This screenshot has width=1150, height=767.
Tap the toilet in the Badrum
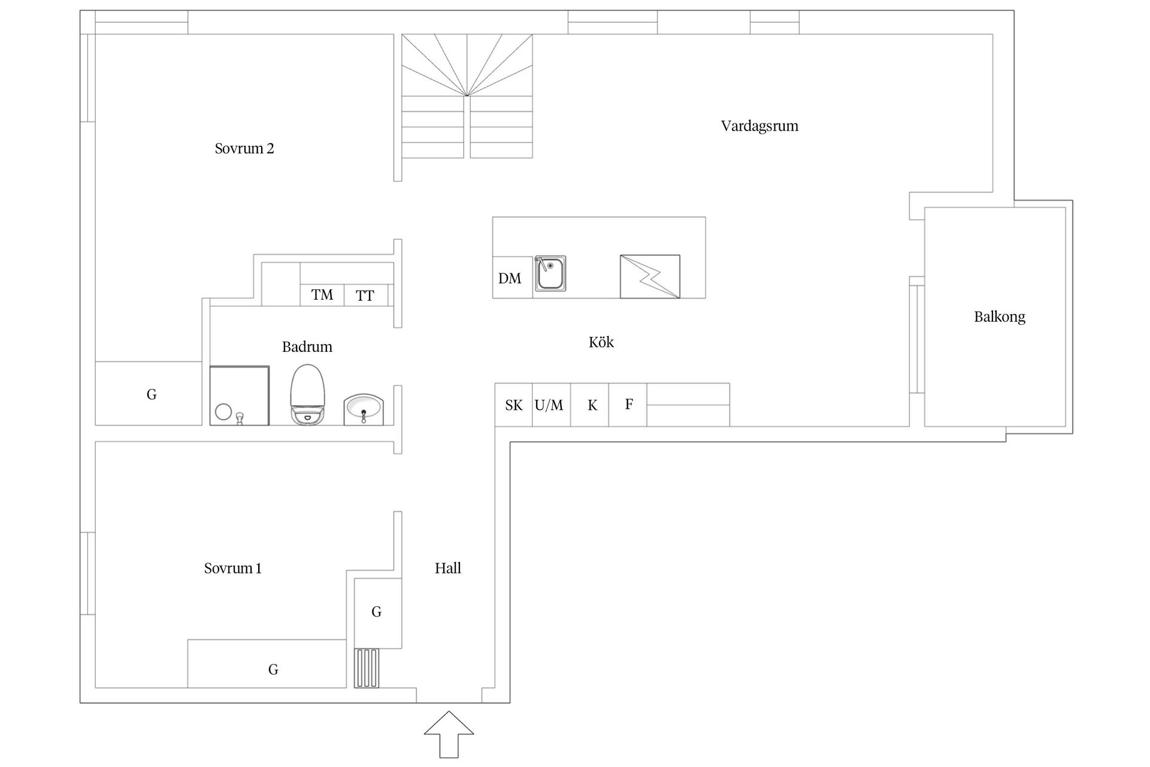[307, 395]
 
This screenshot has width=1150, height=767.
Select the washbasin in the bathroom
[364, 410]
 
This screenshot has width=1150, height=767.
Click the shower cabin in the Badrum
[240, 395]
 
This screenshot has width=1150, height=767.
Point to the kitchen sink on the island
[550, 273]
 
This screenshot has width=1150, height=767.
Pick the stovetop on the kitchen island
[650, 276]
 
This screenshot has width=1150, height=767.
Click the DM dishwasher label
[510, 278]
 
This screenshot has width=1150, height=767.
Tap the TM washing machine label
[322, 295]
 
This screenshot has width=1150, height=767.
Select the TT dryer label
[365, 295]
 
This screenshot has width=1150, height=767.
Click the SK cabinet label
[514, 406]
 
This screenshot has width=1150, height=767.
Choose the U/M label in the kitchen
[549, 405]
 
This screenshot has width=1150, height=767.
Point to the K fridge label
[592, 406]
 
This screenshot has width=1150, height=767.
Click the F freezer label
[629, 404]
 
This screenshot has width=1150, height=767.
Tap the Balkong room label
[1000, 317]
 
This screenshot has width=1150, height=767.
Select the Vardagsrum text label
[759, 126]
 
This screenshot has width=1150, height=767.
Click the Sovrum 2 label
[244, 149]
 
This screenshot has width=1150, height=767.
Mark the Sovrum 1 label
[233, 568]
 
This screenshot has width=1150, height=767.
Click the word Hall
[448, 568]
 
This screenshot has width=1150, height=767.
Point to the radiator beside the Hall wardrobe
[367, 668]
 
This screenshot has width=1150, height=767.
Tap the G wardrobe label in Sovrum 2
[152, 394]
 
